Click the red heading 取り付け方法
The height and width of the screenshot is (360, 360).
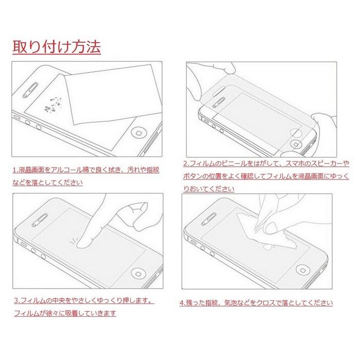(x=57, y=47)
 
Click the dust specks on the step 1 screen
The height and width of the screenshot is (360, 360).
(x=53, y=104)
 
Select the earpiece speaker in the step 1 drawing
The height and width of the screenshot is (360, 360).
(x=30, y=90)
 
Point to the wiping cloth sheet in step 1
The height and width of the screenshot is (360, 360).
(x=113, y=94)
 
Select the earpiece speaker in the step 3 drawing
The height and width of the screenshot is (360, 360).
(x=40, y=220)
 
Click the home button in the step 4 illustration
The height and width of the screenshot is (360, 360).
(x=303, y=269)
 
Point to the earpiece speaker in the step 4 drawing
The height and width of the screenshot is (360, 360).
(x=208, y=219)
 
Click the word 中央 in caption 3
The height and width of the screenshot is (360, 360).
(x=59, y=300)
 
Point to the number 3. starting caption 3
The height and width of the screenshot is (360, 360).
(x=17, y=300)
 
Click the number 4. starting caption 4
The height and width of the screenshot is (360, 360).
(x=183, y=303)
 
